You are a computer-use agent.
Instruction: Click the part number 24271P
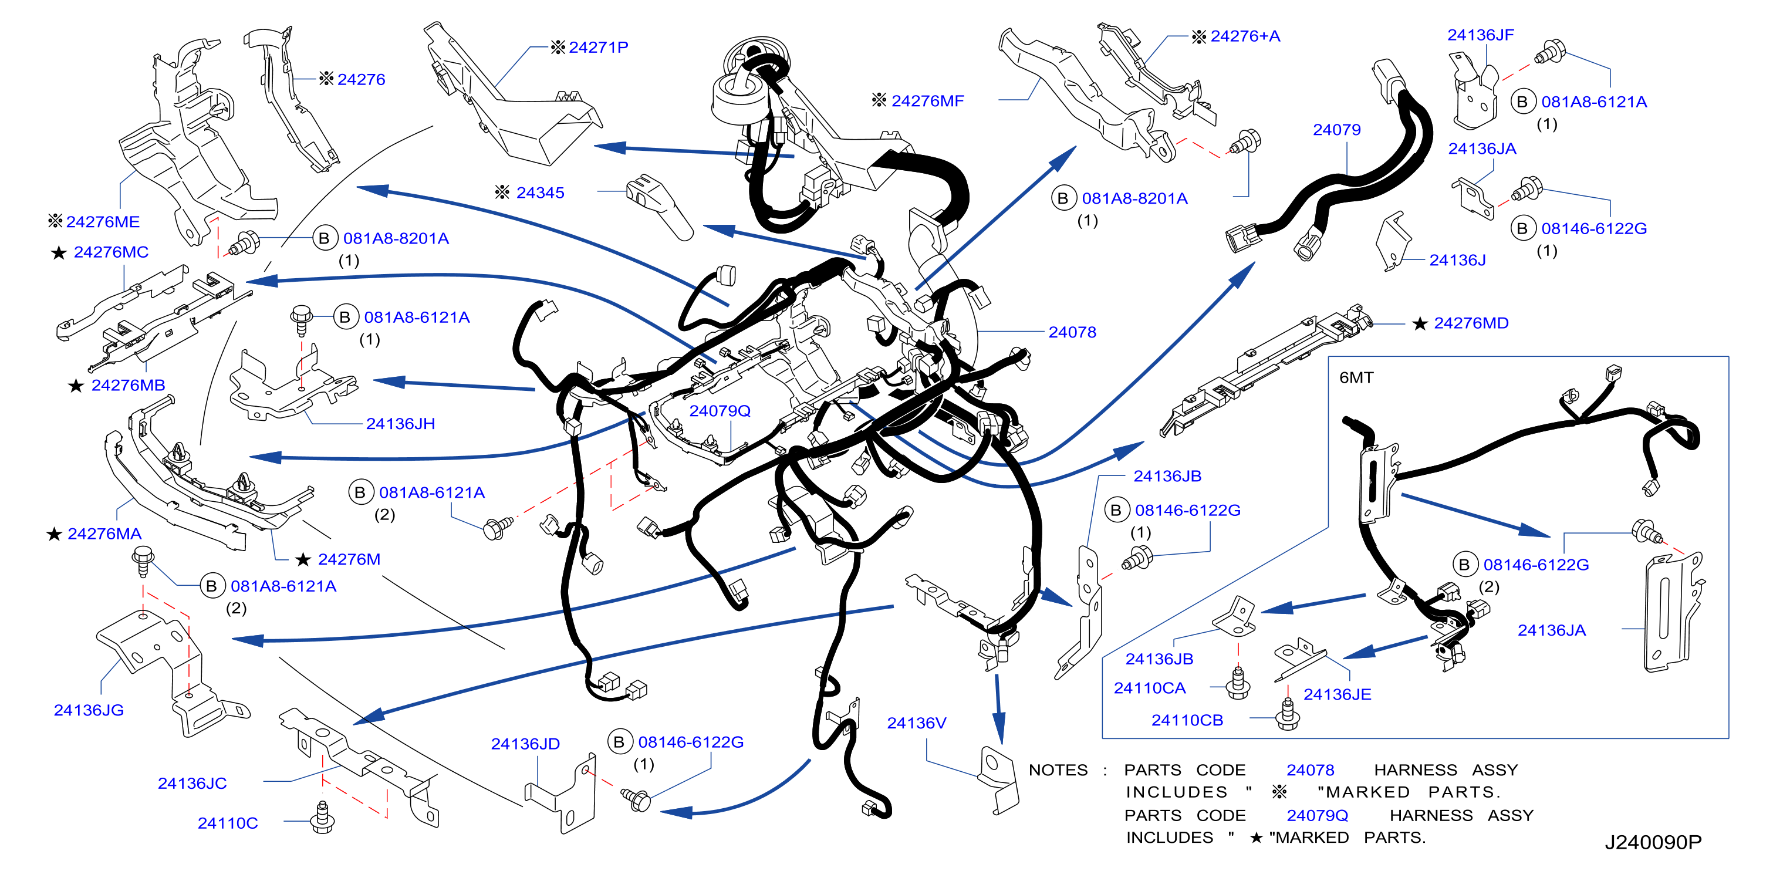click(x=598, y=48)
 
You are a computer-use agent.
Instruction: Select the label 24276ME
click(x=103, y=222)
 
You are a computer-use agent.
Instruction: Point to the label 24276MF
click(x=927, y=101)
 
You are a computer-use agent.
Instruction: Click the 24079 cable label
click(x=1336, y=130)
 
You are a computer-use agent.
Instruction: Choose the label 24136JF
click(x=1481, y=35)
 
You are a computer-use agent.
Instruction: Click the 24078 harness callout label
click(x=1072, y=333)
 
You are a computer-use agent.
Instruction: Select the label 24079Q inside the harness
click(x=720, y=411)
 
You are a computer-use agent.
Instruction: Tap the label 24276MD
click(x=1471, y=323)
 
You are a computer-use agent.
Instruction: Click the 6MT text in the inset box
click(x=1356, y=378)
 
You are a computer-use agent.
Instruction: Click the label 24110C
click(x=227, y=823)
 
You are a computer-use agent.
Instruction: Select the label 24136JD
click(x=525, y=744)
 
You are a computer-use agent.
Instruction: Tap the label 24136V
click(x=916, y=724)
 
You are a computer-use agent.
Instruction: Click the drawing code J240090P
click(x=1653, y=843)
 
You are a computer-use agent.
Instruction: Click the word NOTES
click(x=1058, y=771)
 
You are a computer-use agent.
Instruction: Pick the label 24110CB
click(x=1187, y=721)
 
